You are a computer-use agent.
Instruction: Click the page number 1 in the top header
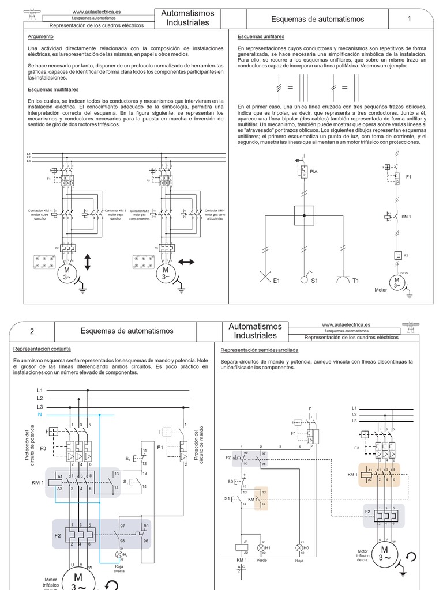(x=409, y=19)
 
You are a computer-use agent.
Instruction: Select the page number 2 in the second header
(x=32, y=331)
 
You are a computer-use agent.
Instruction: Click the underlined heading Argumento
(x=40, y=36)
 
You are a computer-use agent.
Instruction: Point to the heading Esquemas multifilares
(x=53, y=89)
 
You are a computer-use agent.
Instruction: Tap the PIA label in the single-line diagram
(x=314, y=172)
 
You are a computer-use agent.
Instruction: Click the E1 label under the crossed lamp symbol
(x=277, y=281)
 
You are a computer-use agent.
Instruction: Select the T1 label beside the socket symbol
(x=356, y=281)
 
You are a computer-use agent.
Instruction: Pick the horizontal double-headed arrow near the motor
(x=186, y=262)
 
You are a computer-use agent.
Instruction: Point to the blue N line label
(x=40, y=415)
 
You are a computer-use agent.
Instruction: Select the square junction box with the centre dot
(x=304, y=215)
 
